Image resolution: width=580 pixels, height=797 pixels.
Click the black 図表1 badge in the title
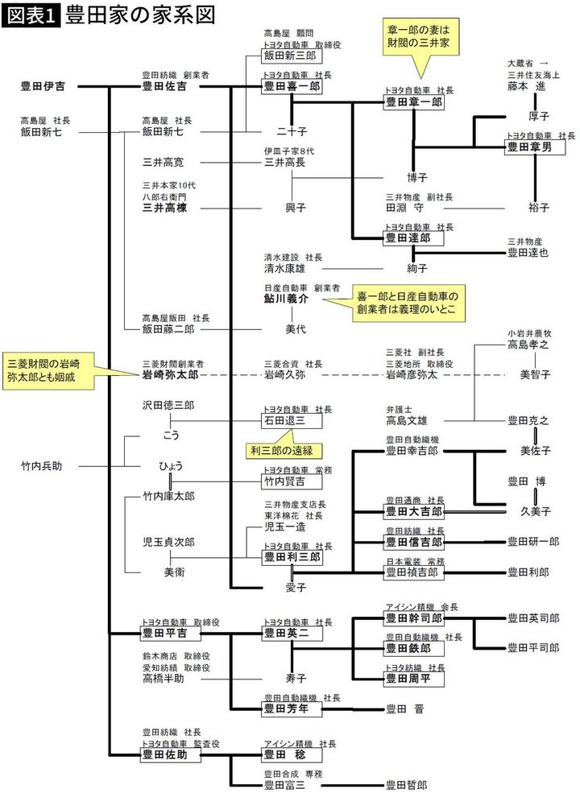tap(31, 15)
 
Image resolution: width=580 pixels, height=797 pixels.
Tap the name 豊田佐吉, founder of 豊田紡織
tap(164, 86)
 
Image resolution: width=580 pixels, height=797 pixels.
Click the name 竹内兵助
tap(46, 465)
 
